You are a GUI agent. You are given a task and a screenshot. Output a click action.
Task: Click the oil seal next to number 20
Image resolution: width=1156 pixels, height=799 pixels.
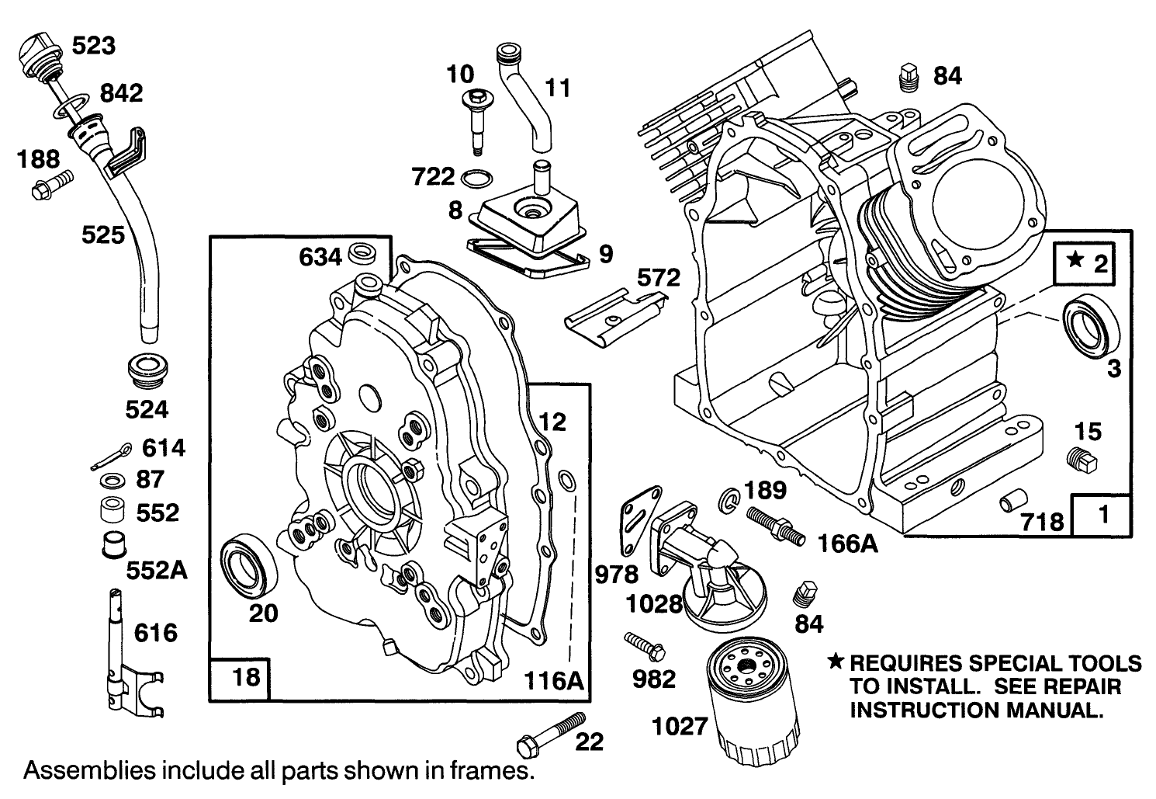point(248,565)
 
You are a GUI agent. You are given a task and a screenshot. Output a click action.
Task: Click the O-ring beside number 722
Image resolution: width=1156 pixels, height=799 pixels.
point(475,179)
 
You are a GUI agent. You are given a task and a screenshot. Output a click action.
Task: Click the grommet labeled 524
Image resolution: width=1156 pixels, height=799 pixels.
point(147,372)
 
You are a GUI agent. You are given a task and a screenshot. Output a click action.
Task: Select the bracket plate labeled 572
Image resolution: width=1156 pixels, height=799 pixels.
point(613,314)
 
